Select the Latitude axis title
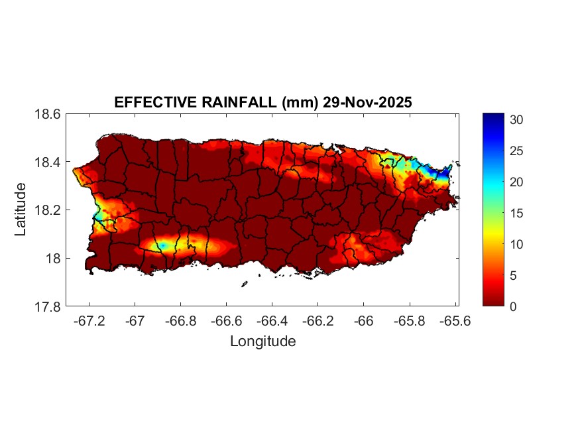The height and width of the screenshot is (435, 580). tap(21, 210)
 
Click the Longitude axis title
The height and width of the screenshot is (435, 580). tap(262, 342)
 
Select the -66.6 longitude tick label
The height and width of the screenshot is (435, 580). tap(226, 320)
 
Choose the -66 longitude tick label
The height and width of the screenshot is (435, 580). tap(363, 320)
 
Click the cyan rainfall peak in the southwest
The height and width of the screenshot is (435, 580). tap(161, 245)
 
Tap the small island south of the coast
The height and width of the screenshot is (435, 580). tap(244, 284)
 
